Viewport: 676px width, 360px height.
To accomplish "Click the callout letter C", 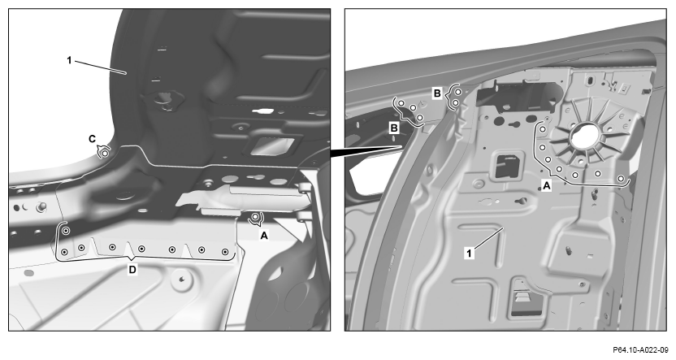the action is pyautogui.click(x=93, y=139).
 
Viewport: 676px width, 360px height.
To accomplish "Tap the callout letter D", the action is pyautogui.click(x=132, y=270).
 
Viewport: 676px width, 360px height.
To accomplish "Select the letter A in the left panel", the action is pyautogui.click(x=264, y=236).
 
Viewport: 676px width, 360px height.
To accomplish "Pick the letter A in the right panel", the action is pyautogui.click(x=547, y=186).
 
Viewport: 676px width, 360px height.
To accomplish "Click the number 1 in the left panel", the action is pyautogui.click(x=69, y=60).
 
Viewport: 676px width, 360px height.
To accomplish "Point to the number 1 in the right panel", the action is pyautogui.click(x=469, y=253).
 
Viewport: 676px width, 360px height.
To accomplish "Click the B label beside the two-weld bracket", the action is pyautogui.click(x=437, y=93).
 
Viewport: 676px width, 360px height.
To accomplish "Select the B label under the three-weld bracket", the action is pyautogui.click(x=393, y=128).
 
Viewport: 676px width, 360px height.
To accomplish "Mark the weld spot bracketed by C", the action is pyautogui.click(x=104, y=153).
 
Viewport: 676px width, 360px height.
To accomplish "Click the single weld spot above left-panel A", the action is pyautogui.click(x=256, y=216).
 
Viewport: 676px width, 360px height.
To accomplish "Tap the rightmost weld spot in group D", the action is pyautogui.click(x=224, y=252).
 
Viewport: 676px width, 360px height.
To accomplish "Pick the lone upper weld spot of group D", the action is pyautogui.click(x=66, y=231).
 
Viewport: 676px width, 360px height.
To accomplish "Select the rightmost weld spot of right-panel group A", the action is pyautogui.click(x=621, y=179).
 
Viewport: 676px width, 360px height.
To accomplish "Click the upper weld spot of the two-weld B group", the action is pyautogui.click(x=458, y=92).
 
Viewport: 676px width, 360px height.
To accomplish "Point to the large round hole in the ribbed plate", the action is pyautogui.click(x=586, y=136).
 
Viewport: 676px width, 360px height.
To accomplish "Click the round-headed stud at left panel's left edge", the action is pyautogui.click(x=41, y=207).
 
